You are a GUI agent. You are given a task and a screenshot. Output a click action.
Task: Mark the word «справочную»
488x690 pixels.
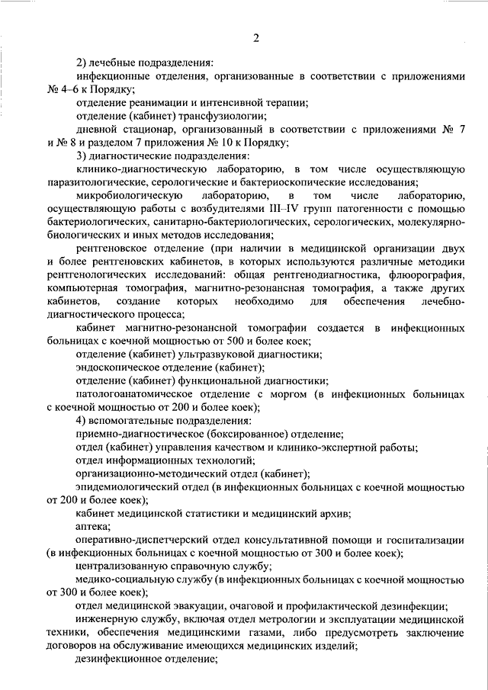[x=208, y=566]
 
